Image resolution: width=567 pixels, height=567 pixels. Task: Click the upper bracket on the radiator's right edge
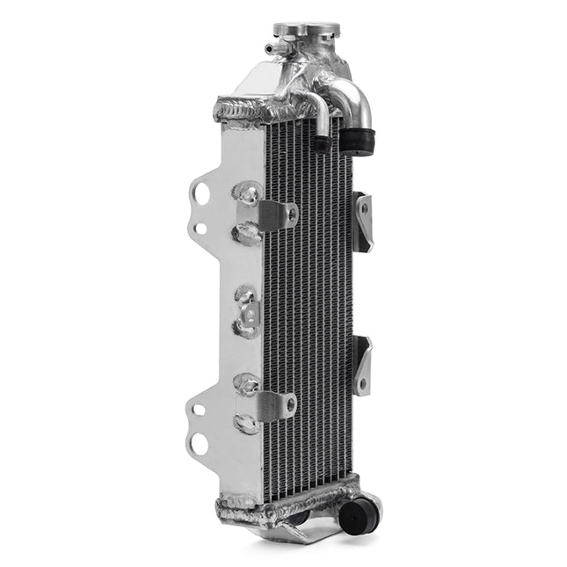click(x=362, y=221)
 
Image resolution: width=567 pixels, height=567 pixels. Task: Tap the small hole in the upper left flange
click(x=200, y=229)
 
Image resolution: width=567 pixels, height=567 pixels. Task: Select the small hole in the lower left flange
click(x=200, y=409)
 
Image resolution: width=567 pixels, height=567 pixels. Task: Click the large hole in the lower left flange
click(x=200, y=444)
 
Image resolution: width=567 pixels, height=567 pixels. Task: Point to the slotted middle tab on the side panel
click(x=249, y=312)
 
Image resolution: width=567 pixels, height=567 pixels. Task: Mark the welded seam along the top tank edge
click(x=255, y=111)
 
